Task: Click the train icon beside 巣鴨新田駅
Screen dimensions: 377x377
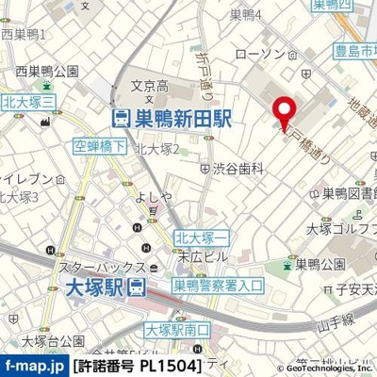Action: (x=120, y=119)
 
